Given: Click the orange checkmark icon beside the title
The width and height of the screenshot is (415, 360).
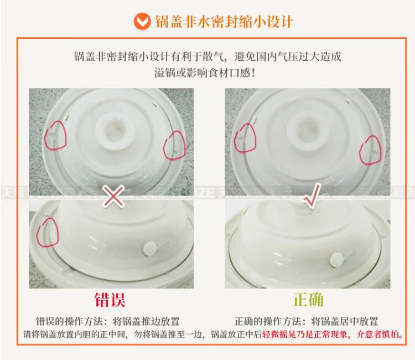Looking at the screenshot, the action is pos(142,21).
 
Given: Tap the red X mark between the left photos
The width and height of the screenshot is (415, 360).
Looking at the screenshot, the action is pos(113,196).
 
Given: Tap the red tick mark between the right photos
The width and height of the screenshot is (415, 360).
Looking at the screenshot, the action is pos(312,194).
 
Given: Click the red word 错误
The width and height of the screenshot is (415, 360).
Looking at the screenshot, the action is pos(110,300).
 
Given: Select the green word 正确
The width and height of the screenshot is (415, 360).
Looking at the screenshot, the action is pos(308,300).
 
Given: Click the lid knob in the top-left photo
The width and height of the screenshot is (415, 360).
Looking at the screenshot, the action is pos(114,131).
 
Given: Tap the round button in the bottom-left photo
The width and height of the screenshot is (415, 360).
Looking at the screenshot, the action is pos(150,249).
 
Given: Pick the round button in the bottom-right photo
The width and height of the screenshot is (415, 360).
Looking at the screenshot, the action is pos(336,260).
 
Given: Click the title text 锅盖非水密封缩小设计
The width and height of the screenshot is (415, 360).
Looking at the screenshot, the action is pos(224,22).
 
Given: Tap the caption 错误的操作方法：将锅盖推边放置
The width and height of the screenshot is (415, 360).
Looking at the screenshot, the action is pos(108,321).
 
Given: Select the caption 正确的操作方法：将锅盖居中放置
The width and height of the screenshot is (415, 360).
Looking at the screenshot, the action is pos(306,321).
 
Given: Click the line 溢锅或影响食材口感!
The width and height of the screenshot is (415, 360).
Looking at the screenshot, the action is pos(205,73).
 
